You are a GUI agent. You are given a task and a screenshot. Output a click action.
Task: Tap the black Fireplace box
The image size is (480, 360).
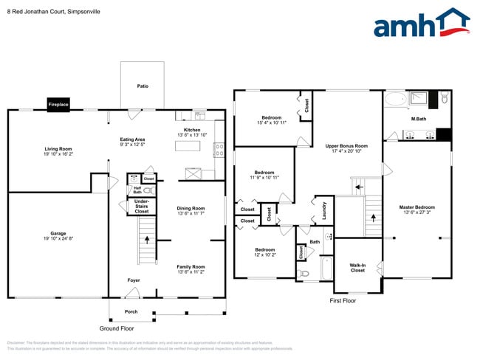58,105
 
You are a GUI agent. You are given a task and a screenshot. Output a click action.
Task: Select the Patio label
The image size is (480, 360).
143,86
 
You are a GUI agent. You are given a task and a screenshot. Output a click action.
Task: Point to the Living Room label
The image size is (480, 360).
58,151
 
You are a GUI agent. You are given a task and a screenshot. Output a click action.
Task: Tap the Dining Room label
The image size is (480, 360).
191,211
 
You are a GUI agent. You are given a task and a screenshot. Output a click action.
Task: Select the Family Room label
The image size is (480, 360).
191,269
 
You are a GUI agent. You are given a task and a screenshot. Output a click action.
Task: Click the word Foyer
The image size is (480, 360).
134,280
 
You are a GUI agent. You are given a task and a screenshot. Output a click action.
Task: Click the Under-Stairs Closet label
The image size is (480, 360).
142,206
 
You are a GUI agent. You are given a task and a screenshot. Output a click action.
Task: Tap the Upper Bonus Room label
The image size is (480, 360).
346,148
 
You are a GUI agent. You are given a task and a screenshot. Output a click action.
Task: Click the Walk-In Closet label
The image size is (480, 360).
357,267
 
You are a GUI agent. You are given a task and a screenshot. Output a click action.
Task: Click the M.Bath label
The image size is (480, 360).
418,119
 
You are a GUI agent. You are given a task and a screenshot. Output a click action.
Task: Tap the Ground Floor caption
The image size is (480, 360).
117,328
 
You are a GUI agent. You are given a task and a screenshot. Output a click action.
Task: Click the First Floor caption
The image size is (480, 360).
342,301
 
